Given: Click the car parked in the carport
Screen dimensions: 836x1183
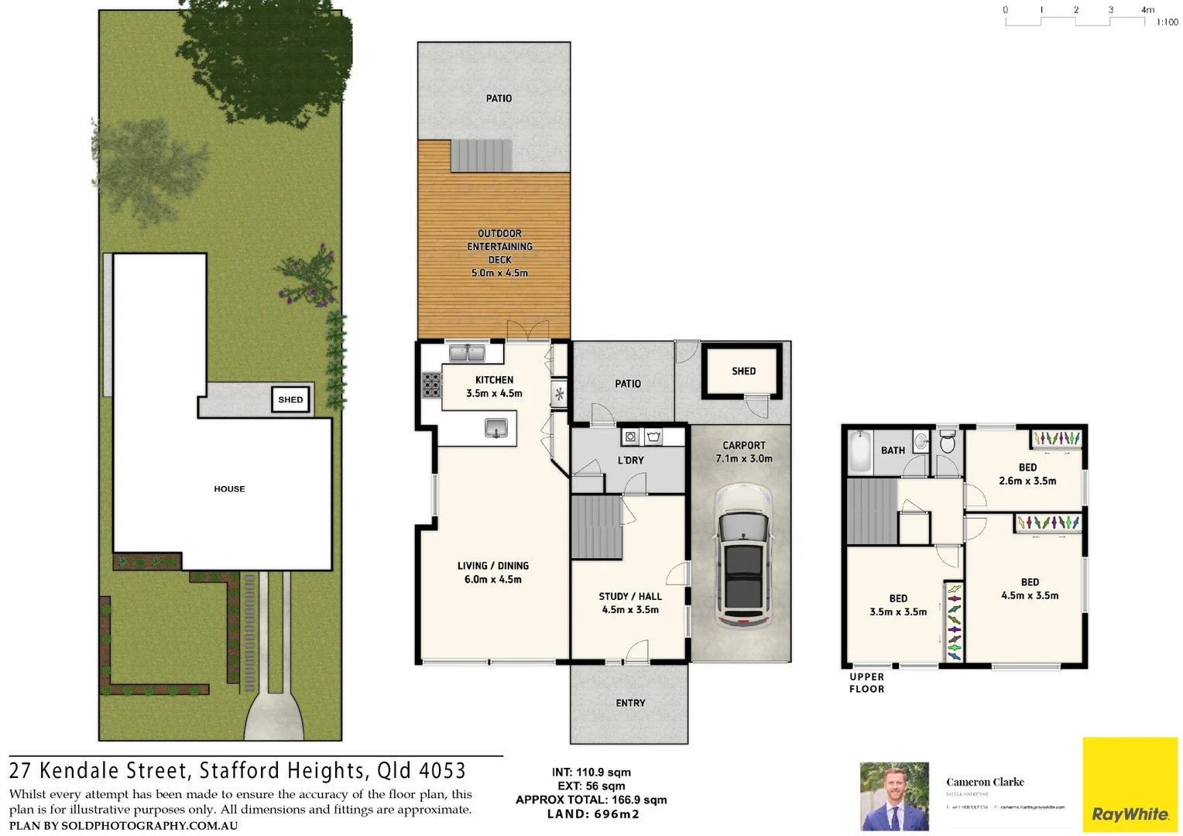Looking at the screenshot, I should coord(743,556).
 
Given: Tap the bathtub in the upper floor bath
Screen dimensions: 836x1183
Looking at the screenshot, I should coord(860,451).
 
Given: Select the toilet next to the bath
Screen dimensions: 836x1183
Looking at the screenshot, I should coord(947,443).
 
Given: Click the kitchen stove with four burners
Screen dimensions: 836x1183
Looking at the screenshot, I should coord(431,385).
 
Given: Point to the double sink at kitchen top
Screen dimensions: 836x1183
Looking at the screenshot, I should coord(467,353).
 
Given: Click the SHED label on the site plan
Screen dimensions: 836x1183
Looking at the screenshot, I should coord(290,399).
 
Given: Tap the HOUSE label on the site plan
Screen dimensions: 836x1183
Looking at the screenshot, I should coord(229,489).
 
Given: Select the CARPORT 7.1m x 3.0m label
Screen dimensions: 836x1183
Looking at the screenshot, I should coord(743,452).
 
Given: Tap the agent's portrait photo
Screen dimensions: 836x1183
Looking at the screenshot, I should coord(894,796).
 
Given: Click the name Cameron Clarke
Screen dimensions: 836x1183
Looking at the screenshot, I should coord(985,782).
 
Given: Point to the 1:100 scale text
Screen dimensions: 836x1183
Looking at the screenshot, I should coord(1167,22).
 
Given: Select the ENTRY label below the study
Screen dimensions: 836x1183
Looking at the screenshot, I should coord(630,703).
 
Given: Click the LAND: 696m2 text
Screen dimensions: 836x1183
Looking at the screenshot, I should coord(593,814).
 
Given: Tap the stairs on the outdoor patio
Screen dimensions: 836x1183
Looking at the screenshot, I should coord(482,156).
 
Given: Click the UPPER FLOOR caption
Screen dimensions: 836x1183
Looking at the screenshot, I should coord(866,683).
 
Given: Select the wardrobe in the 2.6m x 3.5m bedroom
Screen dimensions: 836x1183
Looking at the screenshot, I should coord(1056,439).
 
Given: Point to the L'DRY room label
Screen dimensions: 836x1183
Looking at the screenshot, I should coord(630,461).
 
